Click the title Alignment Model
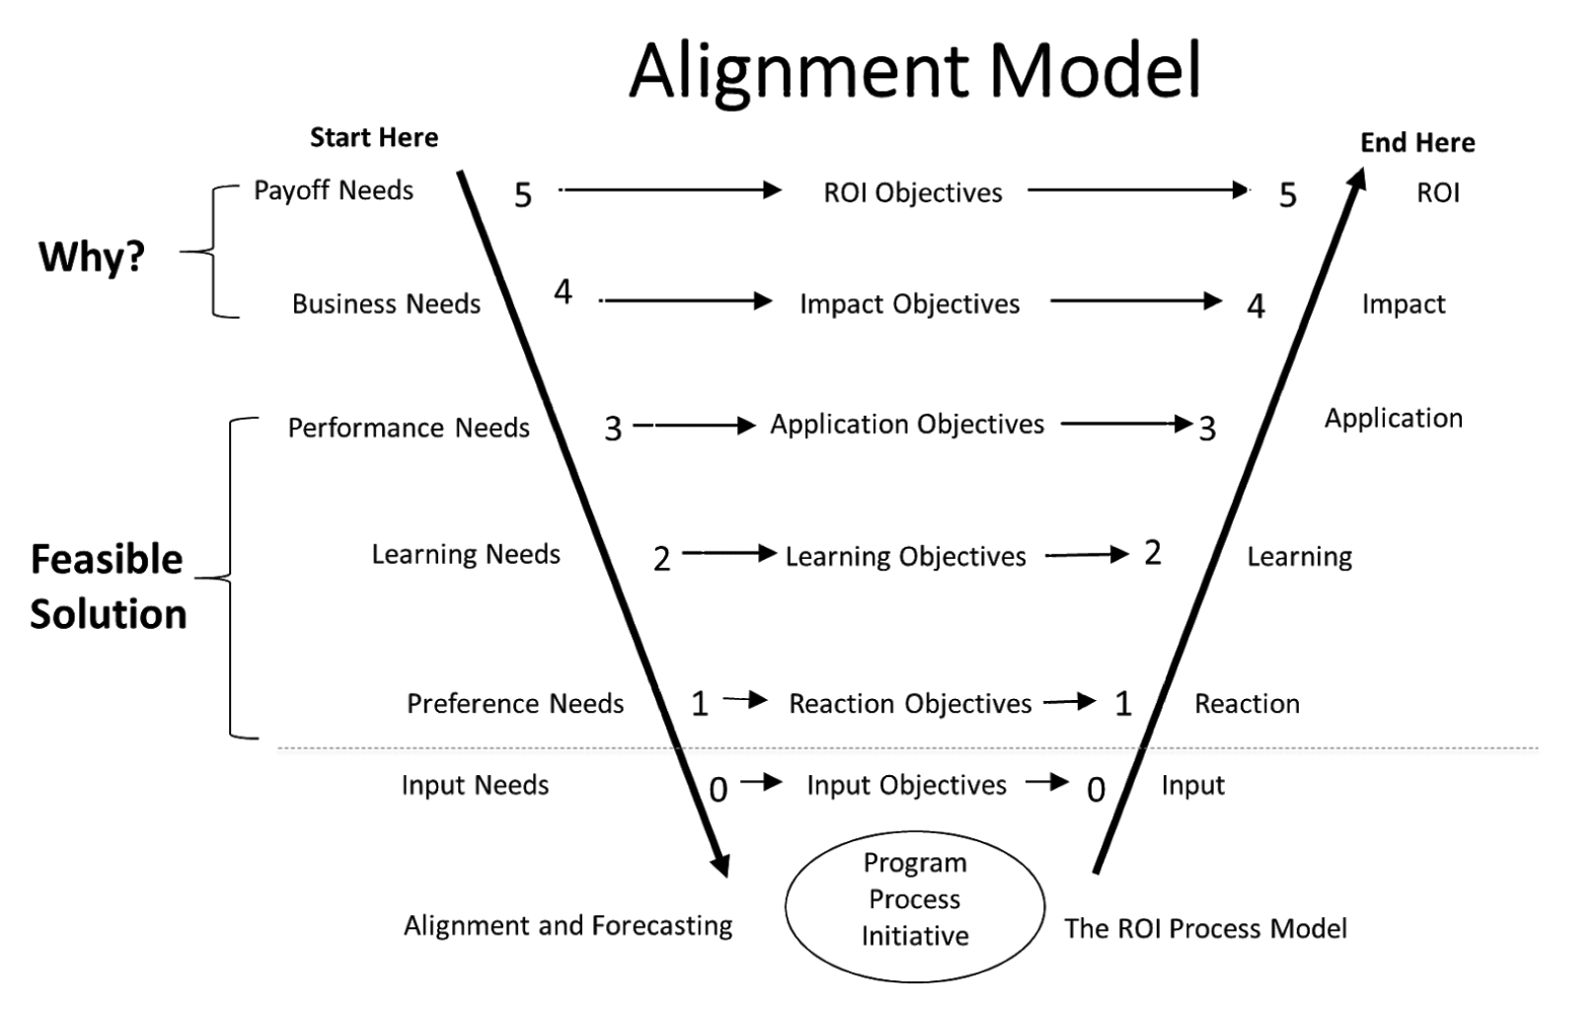click(x=915, y=71)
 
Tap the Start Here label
click(x=374, y=138)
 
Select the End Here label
click(x=1417, y=143)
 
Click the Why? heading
click(x=92, y=257)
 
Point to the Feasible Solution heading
click(x=108, y=586)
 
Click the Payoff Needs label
click(x=334, y=191)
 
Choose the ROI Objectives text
click(x=913, y=194)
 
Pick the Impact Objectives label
click(x=909, y=304)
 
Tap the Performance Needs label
click(x=409, y=429)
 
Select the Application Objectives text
click(x=907, y=425)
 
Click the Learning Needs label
click(x=466, y=555)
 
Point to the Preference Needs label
click(x=515, y=704)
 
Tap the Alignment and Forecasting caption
click(x=569, y=926)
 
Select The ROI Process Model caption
click(x=1205, y=929)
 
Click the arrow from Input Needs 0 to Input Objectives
click(x=761, y=783)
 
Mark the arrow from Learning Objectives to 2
click(x=1087, y=555)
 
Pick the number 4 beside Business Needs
click(x=563, y=292)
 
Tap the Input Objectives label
click(x=906, y=786)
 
